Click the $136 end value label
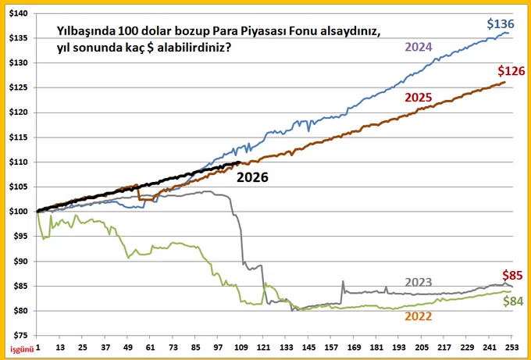[501, 24]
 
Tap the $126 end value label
[511, 71]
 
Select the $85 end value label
[512, 275]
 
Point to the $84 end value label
[513, 301]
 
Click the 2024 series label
[419, 47]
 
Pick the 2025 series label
[419, 98]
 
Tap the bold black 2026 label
[252, 177]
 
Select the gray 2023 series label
[419, 282]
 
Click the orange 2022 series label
[419, 316]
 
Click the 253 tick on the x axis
[512, 348]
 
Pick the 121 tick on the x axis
[262, 348]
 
